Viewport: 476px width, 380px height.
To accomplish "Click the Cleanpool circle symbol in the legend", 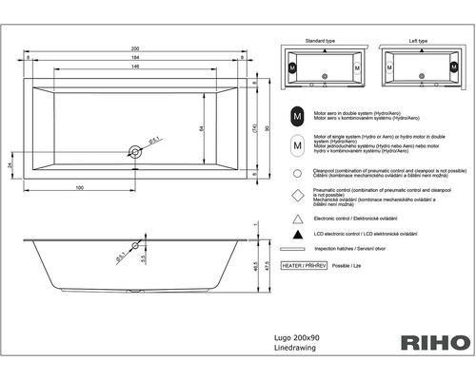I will [x=298, y=174].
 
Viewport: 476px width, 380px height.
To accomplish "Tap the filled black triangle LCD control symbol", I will [x=298, y=233].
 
